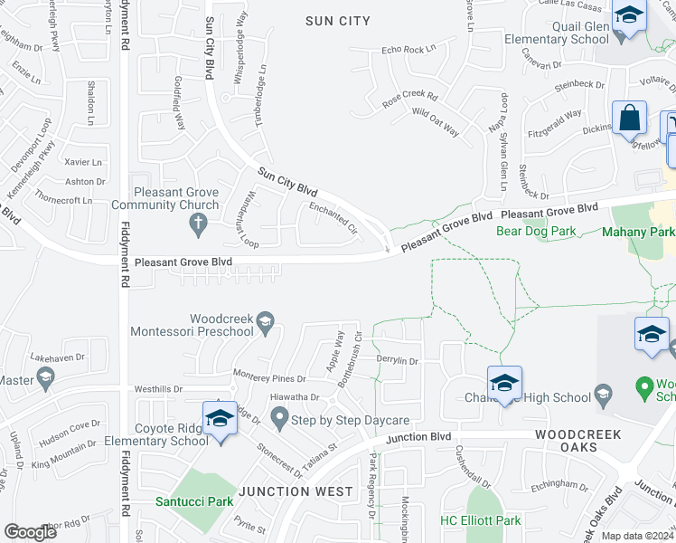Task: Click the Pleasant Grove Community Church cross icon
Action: [x=211, y=205]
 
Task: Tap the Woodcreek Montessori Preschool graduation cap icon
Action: [x=265, y=322]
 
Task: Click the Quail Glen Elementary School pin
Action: [x=628, y=18]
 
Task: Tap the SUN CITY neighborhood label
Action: [x=338, y=20]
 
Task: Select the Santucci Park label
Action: [x=193, y=501]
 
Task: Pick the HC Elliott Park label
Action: [x=480, y=520]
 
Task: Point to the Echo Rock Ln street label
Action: [x=408, y=50]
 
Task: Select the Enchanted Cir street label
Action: [x=333, y=218]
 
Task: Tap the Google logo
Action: [x=32, y=532]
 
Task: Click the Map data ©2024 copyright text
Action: [x=637, y=536]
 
